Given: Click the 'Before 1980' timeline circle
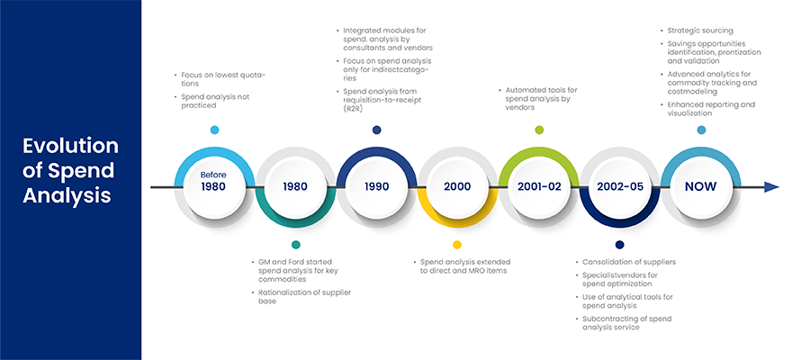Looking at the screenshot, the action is point(214,187).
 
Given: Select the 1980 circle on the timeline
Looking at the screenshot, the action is point(295,187).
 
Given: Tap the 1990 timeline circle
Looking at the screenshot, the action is point(376,187).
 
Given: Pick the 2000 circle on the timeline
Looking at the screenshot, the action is point(457,187).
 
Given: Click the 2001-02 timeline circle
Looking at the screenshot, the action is point(539,187).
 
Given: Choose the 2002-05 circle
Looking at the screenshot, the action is point(620,187).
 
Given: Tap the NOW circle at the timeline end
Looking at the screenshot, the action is point(701,187).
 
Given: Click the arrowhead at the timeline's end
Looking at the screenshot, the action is point(772,187).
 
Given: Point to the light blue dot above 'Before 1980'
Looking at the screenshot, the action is point(214,130).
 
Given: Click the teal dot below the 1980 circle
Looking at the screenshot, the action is point(295,244).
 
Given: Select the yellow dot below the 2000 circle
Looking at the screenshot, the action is point(457,244).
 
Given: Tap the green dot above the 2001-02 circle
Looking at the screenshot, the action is point(539,130).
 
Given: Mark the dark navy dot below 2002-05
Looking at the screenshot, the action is point(620,244).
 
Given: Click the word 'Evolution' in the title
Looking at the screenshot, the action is point(70,146).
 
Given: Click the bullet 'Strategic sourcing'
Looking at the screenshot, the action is point(699,31).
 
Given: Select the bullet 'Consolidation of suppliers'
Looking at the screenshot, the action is point(625,262).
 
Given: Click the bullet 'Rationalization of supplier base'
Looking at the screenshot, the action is point(301,296).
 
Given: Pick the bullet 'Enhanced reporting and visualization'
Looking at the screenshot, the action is point(707,109).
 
